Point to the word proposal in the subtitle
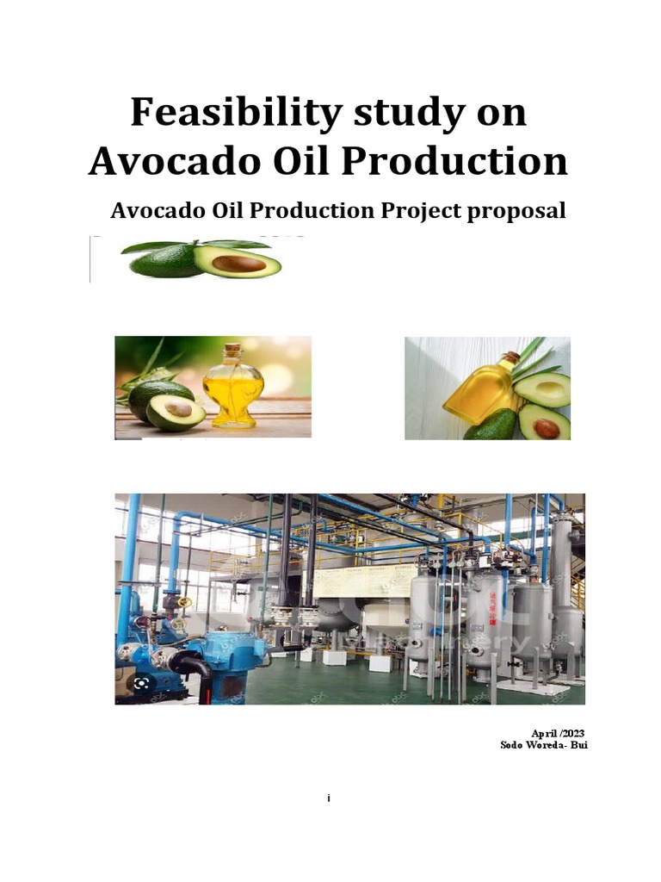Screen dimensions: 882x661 click(x=516, y=211)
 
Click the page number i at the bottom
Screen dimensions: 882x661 click(x=329, y=799)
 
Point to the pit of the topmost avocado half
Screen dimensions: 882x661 click(x=238, y=263)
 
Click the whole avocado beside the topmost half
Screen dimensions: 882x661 click(x=164, y=259)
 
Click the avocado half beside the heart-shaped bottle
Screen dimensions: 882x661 click(x=176, y=411)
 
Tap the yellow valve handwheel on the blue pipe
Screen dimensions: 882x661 click(x=184, y=602)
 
